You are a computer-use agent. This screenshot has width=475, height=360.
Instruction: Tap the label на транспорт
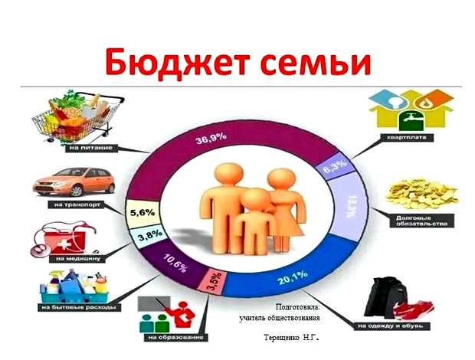[73, 205]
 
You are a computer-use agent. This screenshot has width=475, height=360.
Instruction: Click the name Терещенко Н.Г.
[291, 338]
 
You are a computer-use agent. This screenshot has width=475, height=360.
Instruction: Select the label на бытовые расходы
[76, 307]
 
